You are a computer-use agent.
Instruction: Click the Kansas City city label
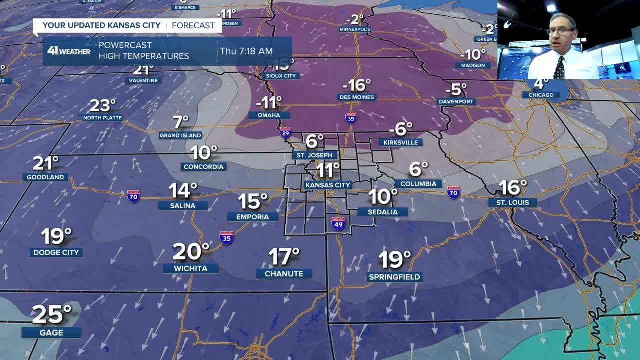[x=328, y=185]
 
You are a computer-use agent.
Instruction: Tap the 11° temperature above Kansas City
[x=327, y=170]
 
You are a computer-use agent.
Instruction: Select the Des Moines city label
[x=357, y=97]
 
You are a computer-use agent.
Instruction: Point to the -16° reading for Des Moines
[x=356, y=85]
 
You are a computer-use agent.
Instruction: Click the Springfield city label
[x=394, y=277]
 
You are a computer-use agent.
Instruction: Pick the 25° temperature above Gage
[x=51, y=314]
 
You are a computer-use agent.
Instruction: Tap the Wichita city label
[x=191, y=268]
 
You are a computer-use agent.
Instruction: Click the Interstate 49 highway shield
[x=338, y=223]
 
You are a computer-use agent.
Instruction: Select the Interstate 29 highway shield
[x=285, y=132]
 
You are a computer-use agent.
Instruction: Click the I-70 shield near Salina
[x=133, y=195]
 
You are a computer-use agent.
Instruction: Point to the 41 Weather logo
[x=69, y=51]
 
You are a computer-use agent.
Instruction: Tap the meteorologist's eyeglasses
[x=560, y=31]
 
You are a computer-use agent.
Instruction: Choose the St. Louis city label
[x=513, y=202]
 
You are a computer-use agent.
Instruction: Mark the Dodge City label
[x=56, y=252]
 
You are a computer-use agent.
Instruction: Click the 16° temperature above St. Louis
[x=512, y=188]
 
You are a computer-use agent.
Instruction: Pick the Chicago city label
[x=541, y=95]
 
